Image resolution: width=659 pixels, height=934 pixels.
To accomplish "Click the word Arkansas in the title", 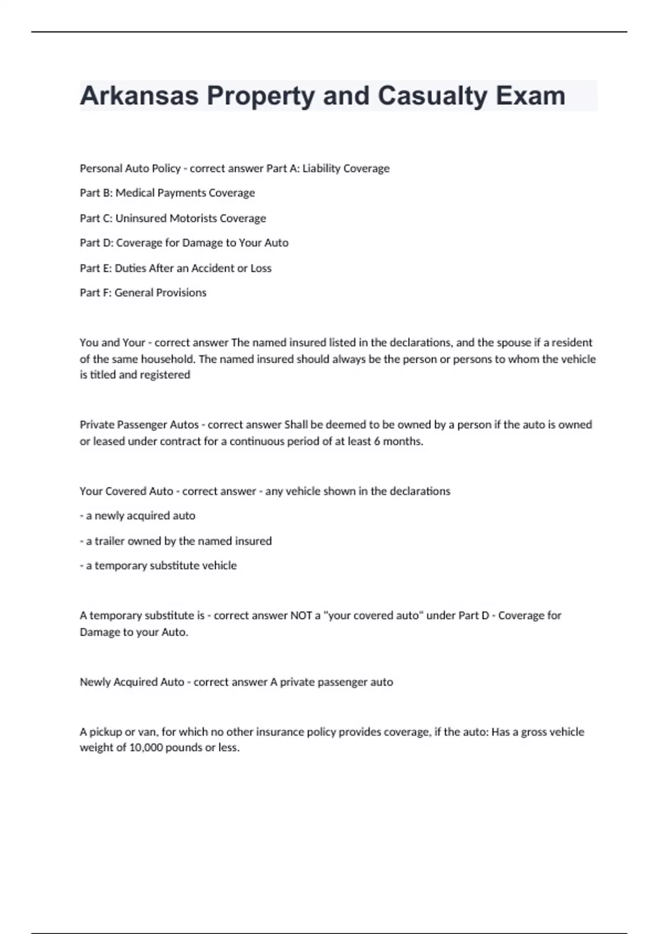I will pyautogui.click(x=139, y=96).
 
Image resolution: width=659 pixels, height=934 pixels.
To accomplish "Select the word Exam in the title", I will pyautogui.click(x=530, y=96).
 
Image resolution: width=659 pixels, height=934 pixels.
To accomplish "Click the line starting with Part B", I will pyautogui.click(x=167, y=193).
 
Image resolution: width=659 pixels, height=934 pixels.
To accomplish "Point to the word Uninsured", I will pyautogui.click(x=141, y=218).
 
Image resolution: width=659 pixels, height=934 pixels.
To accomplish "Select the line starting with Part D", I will pyautogui.click(x=183, y=243).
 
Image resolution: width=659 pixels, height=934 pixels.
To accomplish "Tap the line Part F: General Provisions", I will pyautogui.click(x=143, y=293).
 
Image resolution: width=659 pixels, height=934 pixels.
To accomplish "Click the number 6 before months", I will pyautogui.click(x=377, y=441).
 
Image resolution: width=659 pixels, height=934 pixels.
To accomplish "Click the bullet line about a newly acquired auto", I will pyautogui.click(x=137, y=516).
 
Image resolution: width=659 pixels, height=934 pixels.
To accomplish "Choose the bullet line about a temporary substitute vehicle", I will pyautogui.click(x=158, y=566).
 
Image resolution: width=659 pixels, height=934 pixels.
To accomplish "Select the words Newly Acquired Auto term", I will pyautogui.click(x=132, y=682).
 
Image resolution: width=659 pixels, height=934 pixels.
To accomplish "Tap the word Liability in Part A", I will pyautogui.click(x=322, y=169).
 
